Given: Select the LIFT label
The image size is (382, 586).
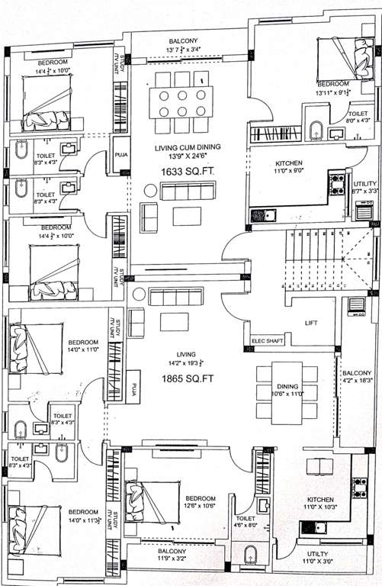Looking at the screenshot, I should [x=310, y=324].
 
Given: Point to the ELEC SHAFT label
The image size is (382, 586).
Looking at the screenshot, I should [x=265, y=341].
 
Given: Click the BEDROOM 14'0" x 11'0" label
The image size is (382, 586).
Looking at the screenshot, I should [x=83, y=347].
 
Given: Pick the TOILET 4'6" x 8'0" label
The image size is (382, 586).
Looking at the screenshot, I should [x=246, y=501].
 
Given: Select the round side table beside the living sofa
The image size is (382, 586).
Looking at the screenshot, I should [x=138, y=294].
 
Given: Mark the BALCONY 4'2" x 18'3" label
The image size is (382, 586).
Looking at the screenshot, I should [x=358, y=377].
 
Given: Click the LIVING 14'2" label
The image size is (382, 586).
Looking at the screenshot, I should [x=186, y=359].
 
